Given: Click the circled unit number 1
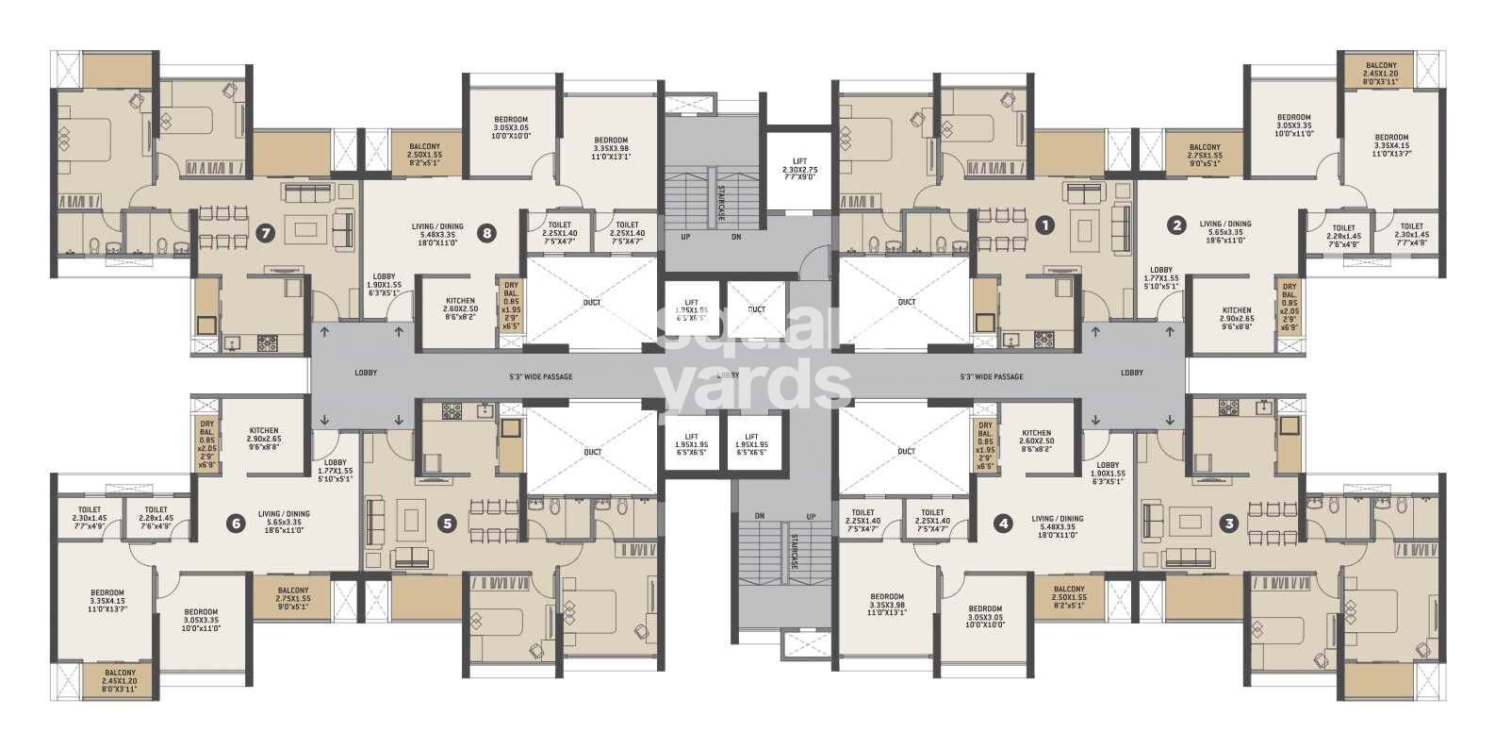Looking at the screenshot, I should (1043, 225).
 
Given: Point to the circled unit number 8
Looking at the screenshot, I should (486, 233).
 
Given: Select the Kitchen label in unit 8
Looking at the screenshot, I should (460, 306).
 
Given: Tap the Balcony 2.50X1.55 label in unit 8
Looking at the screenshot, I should (424, 153).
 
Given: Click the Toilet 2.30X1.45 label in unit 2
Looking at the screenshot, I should (1411, 232).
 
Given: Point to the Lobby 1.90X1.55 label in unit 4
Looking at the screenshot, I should (1107, 472).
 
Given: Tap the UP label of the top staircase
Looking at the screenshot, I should (685, 237).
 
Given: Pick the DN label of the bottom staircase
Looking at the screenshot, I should (760, 516).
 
